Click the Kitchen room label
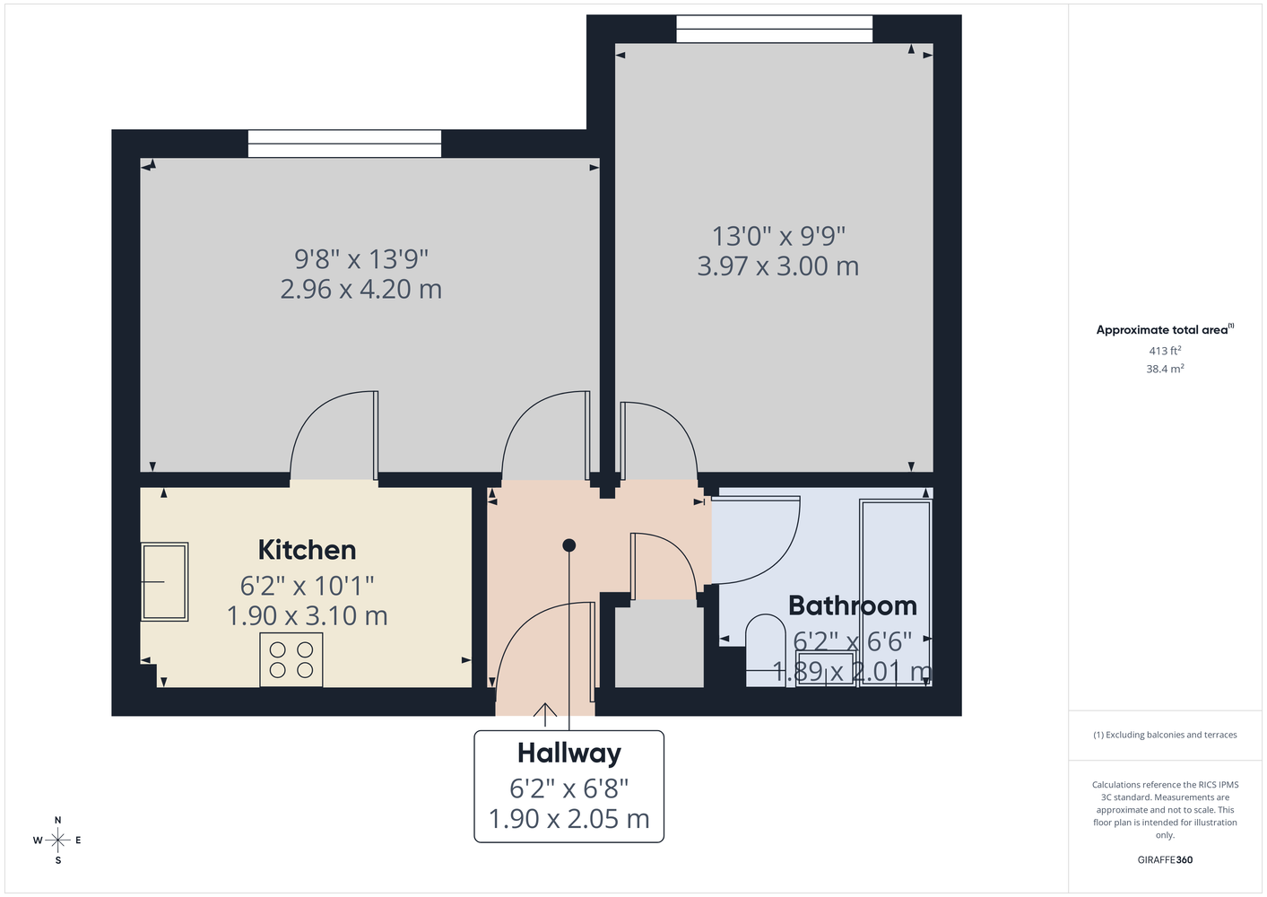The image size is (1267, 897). pos(308,550)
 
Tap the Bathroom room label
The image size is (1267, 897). pos(853,605)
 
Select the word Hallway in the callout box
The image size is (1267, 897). pos(569,753)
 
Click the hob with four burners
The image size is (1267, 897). pos(291,660)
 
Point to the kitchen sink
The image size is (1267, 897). pos(165,582)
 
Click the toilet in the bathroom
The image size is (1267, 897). pos(765,651)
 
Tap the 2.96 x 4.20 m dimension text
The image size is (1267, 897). pos(360,289)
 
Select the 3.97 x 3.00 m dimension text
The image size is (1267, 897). pos(777,266)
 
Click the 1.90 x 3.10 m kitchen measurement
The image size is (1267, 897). pos(308,615)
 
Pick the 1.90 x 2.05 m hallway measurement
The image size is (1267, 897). pos(569,819)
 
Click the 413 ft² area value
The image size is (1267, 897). pos(1165,351)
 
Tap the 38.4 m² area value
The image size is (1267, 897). pos(1165,369)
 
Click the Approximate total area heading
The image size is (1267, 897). pos(1165,329)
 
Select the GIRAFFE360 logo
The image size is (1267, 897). pos(1165,859)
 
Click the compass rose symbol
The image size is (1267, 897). pos(57,840)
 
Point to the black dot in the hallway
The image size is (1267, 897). pos(569,545)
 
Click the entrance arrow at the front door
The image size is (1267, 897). pos(544,714)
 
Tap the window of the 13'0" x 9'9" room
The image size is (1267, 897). pos(775,29)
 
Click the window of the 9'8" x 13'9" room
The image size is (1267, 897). pos(344,144)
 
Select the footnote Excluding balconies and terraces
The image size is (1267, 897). pos(1165,735)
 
